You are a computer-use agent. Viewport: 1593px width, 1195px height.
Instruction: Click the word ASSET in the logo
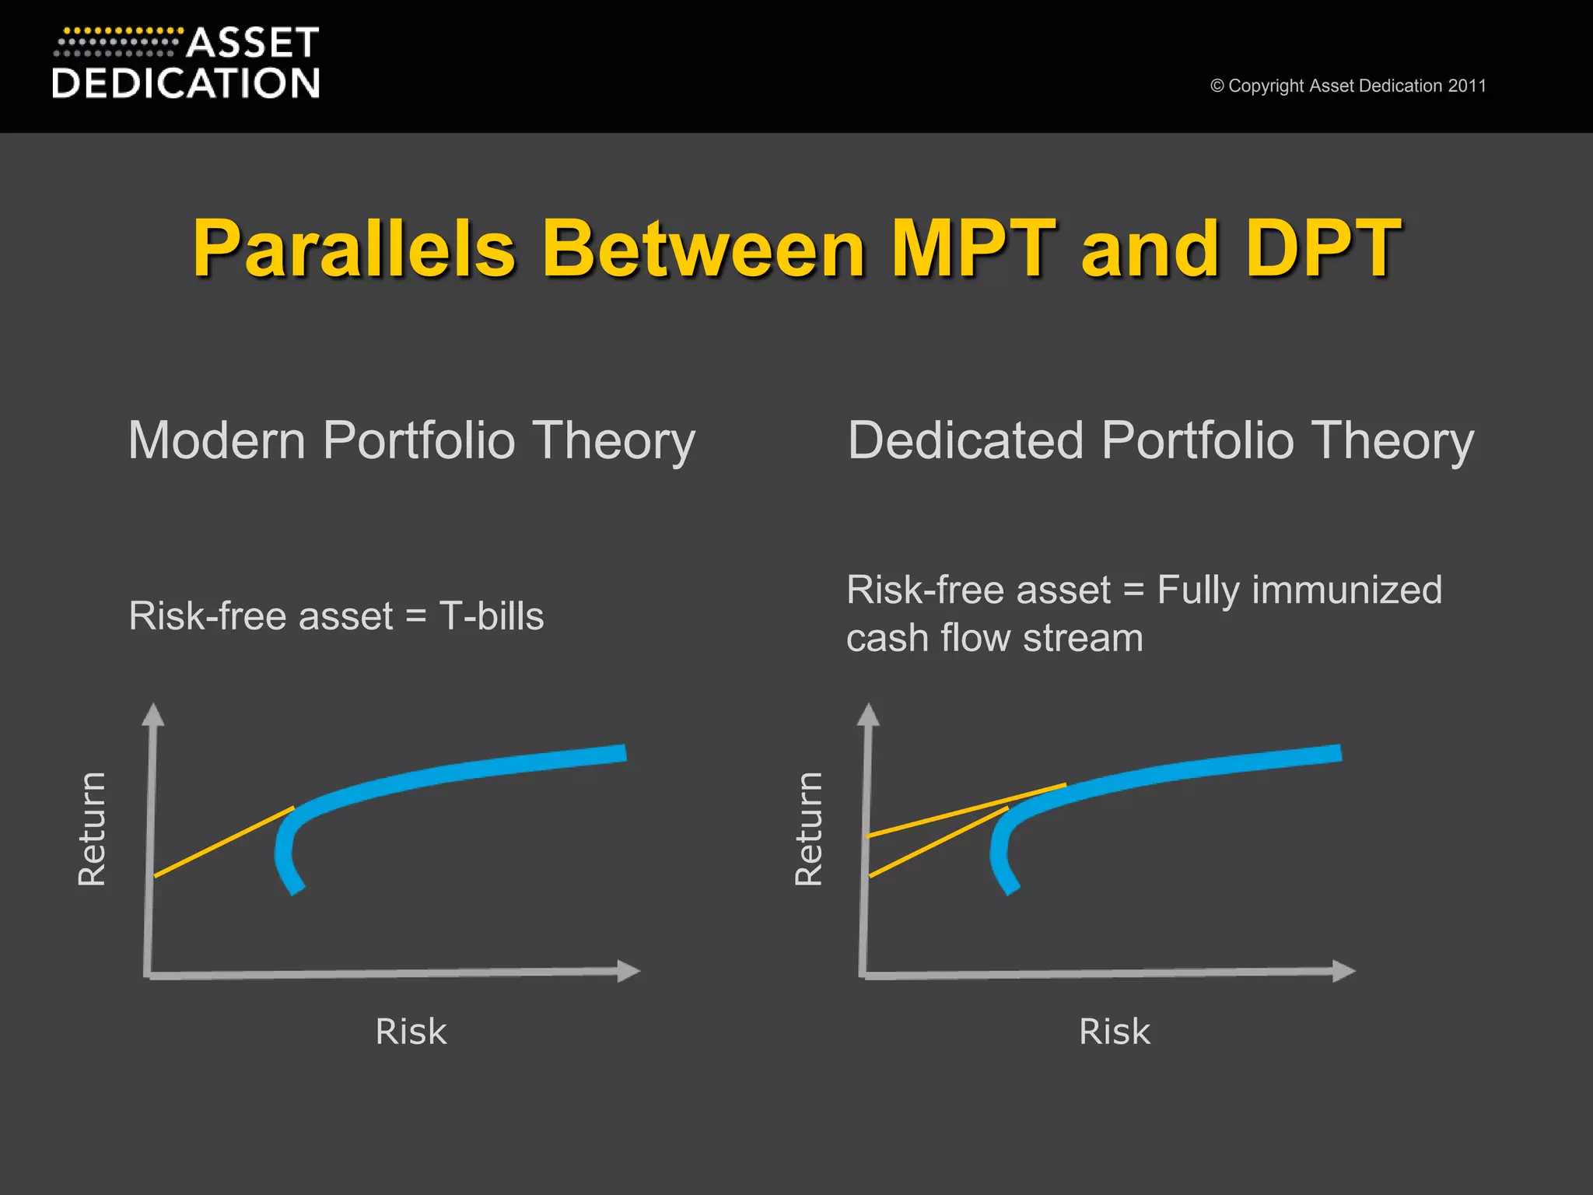pos(253,43)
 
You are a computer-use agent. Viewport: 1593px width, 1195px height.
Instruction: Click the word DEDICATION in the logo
pos(186,83)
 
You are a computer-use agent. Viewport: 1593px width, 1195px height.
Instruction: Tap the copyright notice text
pos(1348,86)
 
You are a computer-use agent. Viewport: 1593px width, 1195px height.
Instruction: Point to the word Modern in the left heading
pos(218,440)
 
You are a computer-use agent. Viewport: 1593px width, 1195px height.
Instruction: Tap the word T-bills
pos(492,616)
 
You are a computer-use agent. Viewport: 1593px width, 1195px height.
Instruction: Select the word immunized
pos(1346,590)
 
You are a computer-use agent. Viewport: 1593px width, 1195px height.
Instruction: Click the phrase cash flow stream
pos(994,638)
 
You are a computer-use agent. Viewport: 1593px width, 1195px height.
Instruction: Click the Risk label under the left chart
pos(411,1032)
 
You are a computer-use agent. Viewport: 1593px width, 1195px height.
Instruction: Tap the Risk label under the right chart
pos(1114,1032)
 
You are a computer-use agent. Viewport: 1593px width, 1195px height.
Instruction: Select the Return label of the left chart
pos(92,829)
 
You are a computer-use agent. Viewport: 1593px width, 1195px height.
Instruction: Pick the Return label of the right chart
pos(808,829)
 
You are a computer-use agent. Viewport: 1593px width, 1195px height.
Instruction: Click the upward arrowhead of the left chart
pos(153,714)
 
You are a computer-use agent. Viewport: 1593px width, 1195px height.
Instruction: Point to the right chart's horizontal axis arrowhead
pos(1343,971)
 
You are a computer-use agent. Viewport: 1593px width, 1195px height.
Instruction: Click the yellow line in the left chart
pos(224,843)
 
